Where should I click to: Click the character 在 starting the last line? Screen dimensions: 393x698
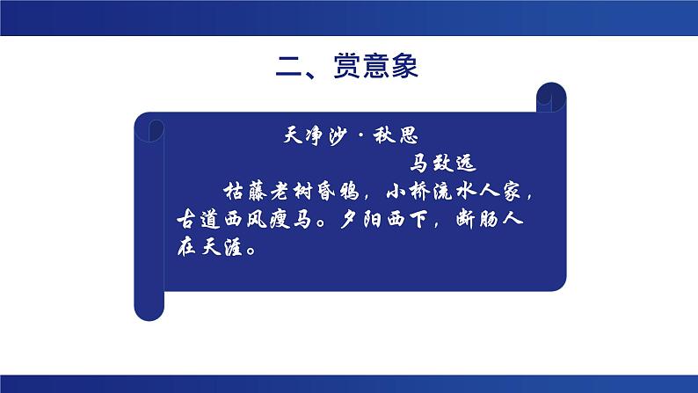[x=178, y=246]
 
